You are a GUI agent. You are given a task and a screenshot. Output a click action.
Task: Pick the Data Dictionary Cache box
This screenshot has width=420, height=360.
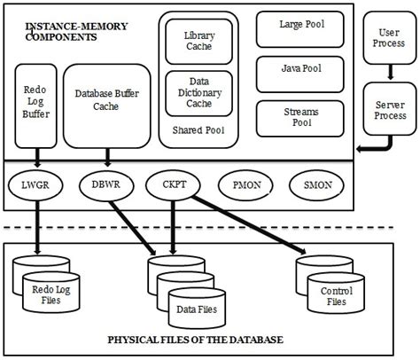(198, 92)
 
